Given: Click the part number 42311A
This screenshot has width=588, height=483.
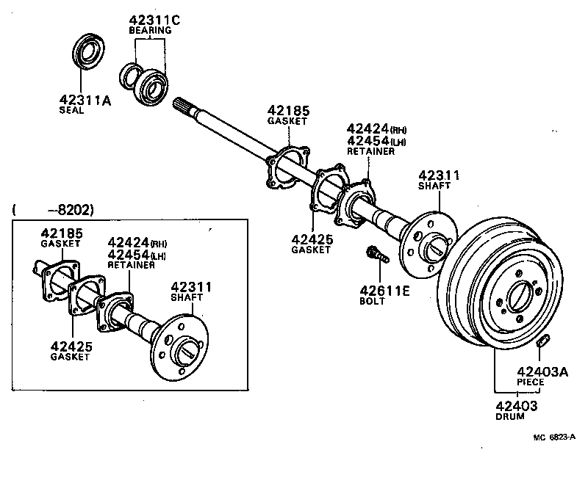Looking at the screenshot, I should pyautogui.click(x=85, y=100).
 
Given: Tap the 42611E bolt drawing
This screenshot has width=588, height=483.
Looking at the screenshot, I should pyautogui.click(x=374, y=255).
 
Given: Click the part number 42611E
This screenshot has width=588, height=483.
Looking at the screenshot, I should pyautogui.click(x=384, y=290).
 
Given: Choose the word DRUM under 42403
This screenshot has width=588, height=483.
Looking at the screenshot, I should pyautogui.click(x=510, y=416).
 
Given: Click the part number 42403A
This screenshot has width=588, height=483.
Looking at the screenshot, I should pyautogui.click(x=542, y=372).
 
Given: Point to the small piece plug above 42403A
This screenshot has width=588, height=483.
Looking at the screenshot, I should pyautogui.click(x=543, y=341).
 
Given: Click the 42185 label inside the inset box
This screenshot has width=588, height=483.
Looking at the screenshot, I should pyautogui.click(x=60, y=233).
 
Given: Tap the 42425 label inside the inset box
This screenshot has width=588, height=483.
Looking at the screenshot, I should pyautogui.click(x=71, y=346).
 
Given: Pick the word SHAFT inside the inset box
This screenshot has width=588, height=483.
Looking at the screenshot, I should pyautogui.click(x=193, y=299).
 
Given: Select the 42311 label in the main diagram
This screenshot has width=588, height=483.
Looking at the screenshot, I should pyautogui.click(x=439, y=175).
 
